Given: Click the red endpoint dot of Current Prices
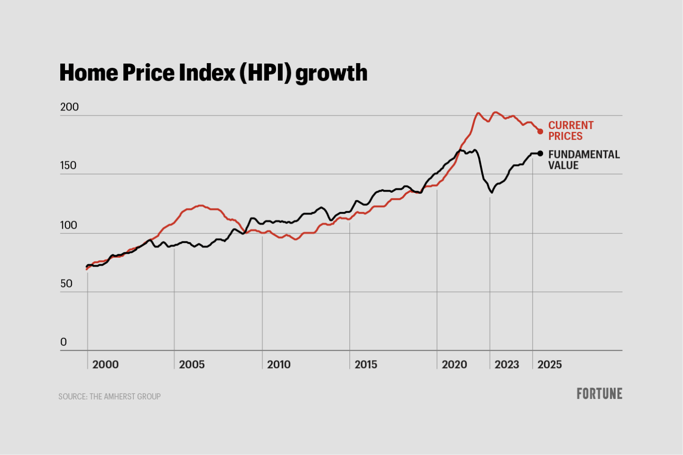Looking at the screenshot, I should coord(540,131).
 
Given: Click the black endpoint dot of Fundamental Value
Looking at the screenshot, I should coord(540,153).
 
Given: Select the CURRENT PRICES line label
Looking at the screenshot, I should coord(571,130).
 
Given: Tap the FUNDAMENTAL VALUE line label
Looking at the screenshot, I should coord(584,160).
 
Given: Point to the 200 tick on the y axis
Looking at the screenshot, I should coord(69,107).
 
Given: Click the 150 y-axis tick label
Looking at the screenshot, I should coord(68,166).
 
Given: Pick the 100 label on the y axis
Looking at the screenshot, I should coord(68,225).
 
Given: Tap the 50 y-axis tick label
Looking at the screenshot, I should coord(66,284).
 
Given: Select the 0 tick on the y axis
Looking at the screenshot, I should coord(64,342).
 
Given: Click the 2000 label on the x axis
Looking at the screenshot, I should coord(105,364).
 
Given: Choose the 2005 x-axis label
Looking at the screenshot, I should coord(192,364).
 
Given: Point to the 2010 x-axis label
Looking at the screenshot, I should coord(279,364).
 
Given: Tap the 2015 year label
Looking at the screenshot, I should coord(366,364).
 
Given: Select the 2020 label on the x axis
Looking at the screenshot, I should coord(454,364).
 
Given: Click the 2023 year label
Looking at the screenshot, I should coord(507,364).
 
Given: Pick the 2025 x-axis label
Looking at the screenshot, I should coord(549,364).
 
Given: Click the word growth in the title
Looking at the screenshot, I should coord(331,74).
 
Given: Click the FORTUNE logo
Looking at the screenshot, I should coord(599,394).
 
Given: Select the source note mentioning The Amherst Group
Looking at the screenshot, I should coord(110,397).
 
